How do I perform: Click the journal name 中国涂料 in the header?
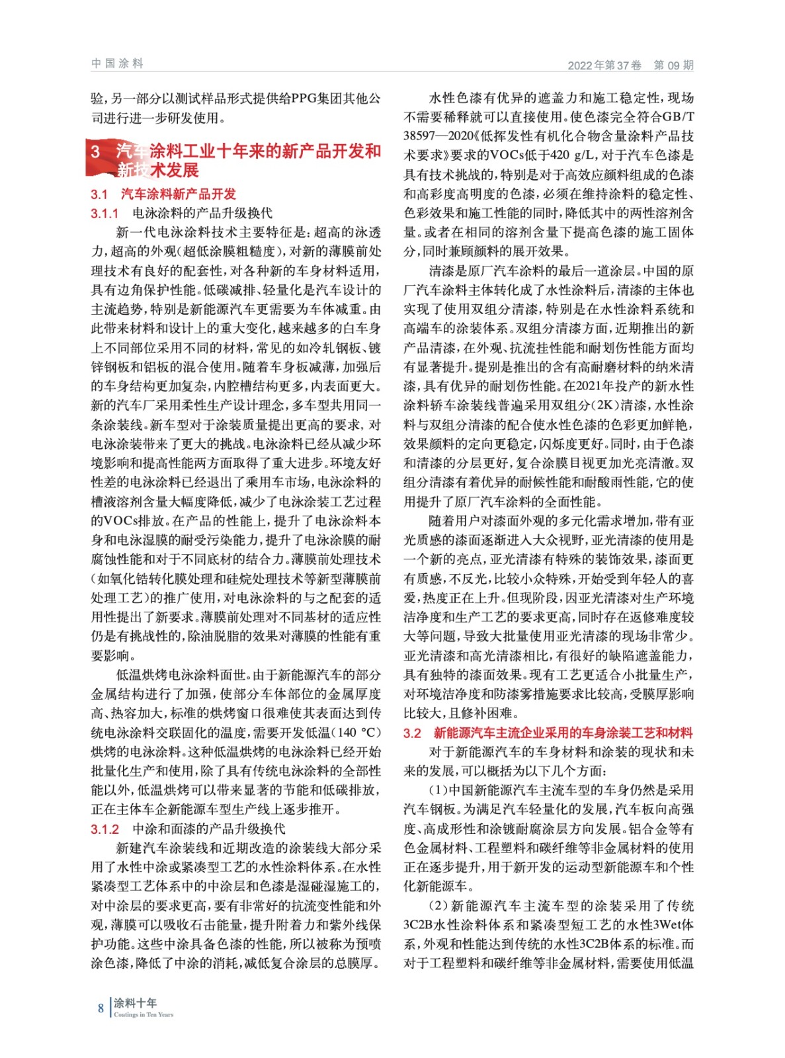[117, 63]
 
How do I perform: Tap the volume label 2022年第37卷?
[604, 65]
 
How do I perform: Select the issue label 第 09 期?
[673, 65]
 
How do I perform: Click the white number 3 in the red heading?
[96, 152]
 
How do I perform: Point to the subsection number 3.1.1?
[104, 213]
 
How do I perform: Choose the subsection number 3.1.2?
[104, 829]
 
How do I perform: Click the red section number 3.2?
[412, 733]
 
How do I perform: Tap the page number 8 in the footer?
[101, 1008]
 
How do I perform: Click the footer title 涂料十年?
[135, 1002]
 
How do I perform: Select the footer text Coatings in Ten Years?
[144, 1014]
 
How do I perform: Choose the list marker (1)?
[439, 790]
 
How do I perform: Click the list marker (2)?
[439, 905]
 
